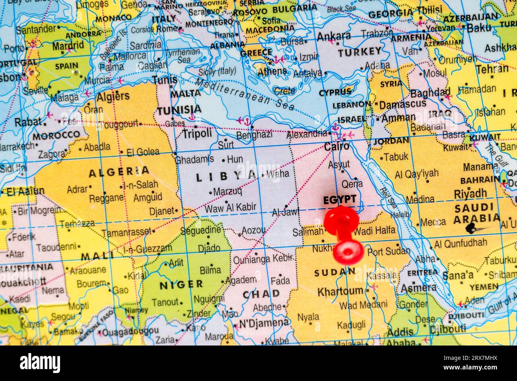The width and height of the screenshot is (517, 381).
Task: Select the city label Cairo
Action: [x=336, y=147]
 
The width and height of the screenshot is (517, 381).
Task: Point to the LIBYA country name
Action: [x=227, y=176]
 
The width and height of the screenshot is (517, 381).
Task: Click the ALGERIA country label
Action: [x=119, y=172]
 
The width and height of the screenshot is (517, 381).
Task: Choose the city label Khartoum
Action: [x=340, y=291]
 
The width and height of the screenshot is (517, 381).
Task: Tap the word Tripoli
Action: [x=197, y=134]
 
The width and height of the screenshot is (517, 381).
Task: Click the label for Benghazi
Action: [x=254, y=135]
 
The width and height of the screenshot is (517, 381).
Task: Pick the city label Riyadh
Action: [x=470, y=194]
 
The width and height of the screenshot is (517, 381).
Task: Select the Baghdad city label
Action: [x=430, y=93]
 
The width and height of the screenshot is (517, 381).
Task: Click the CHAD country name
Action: [x=261, y=294]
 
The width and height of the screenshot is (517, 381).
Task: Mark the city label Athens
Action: [x=272, y=72]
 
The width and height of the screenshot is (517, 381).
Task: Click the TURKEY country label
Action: [x=360, y=51]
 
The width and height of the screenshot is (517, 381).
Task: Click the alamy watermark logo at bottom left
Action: [x=40, y=363]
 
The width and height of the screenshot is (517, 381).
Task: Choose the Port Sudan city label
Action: [x=388, y=251]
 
